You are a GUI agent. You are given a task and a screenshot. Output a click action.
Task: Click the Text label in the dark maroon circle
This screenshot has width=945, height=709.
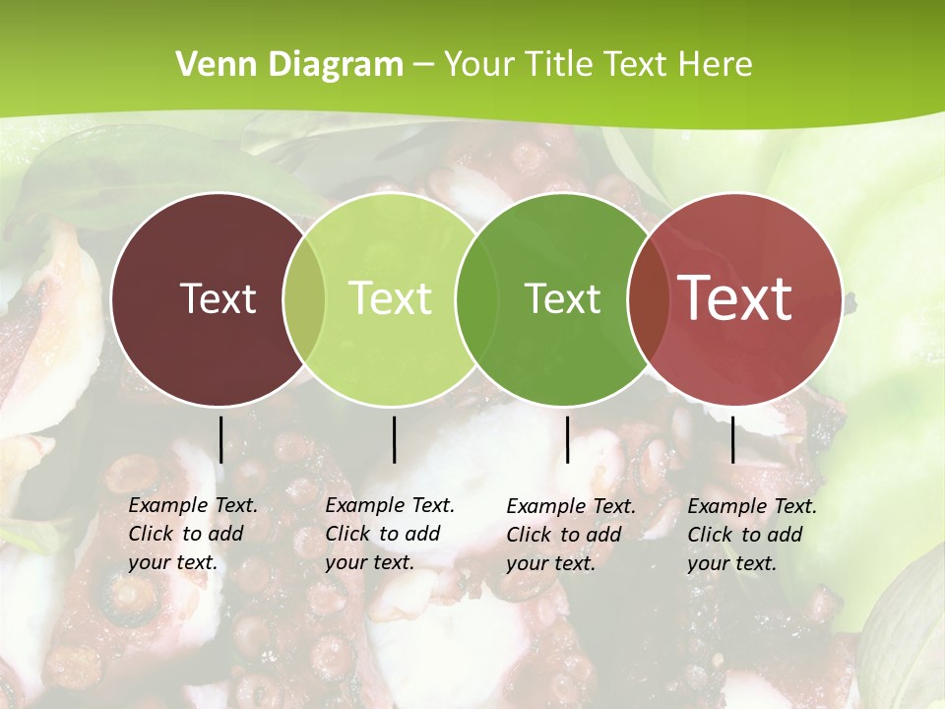click(x=218, y=298)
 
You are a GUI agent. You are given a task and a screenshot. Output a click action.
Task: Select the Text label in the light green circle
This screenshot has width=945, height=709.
click(x=391, y=298)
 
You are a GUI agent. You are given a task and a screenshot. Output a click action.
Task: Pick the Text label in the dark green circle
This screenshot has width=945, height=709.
click(x=563, y=298)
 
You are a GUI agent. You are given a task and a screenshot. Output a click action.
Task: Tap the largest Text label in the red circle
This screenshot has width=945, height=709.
click(x=735, y=297)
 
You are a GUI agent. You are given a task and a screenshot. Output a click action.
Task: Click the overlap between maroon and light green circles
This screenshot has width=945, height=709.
click(x=304, y=298)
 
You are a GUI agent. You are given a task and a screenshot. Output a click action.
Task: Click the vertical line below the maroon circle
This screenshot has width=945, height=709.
click(x=221, y=439)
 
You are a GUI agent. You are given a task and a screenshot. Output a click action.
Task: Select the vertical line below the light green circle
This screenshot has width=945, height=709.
click(x=394, y=439)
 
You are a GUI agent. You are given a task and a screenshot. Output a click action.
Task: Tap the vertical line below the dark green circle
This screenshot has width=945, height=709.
click(x=568, y=439)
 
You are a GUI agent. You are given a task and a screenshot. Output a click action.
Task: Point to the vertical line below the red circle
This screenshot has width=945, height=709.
click(x=733, y=439)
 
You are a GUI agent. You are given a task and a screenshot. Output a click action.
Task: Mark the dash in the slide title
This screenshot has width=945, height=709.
click(x=422, y=66)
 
